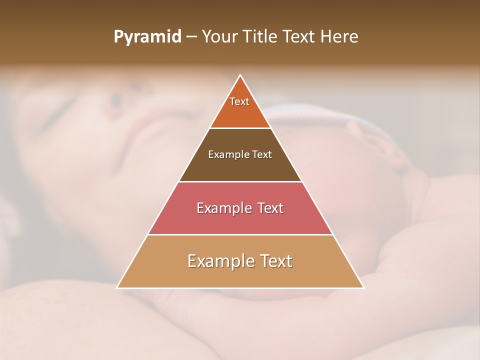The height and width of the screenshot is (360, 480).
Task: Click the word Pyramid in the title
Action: [x=147, y=37]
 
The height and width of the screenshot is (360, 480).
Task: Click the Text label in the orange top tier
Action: [x=239, y=101]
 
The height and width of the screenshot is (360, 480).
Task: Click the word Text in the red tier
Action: [x=270, y=208]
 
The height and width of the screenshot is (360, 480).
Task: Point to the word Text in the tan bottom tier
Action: [x=275, y=261]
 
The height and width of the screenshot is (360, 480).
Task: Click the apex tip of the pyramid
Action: [x=240, y=75]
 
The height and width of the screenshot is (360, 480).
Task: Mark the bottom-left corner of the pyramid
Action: [x=117, y=287]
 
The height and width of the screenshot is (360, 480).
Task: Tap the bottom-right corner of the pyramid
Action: [x=363, y=287]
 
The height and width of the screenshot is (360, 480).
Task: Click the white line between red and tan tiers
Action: [x=240, y=234]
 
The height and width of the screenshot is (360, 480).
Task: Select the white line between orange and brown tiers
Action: [x=240, y=128]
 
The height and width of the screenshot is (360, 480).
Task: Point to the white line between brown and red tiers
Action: [x=240, y=181]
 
